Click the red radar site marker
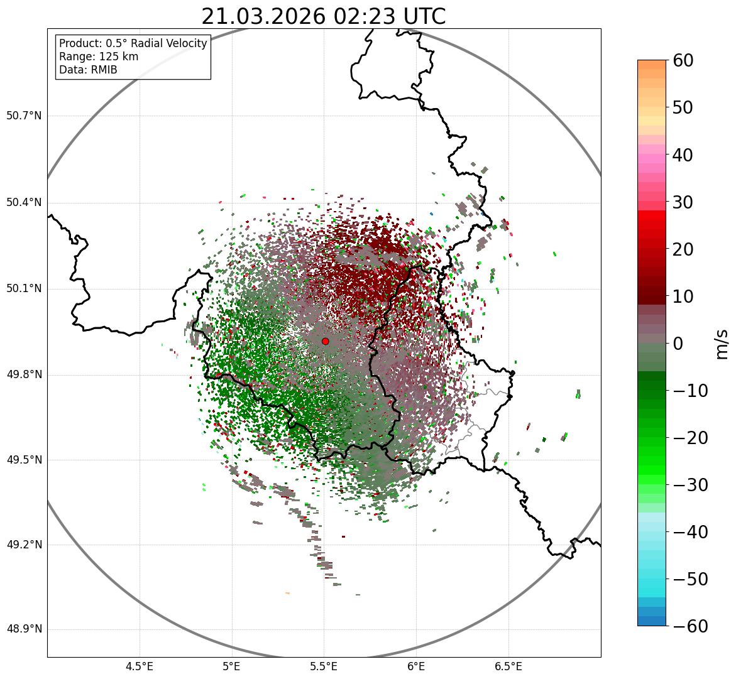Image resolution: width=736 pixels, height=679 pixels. point(325,341)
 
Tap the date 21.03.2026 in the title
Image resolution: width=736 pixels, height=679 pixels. point(263,17)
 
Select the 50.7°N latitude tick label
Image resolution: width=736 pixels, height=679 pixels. point(24,116)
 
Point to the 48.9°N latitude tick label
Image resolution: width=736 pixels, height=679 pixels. point(24,629)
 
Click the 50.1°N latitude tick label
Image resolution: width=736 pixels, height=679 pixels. point(24,289)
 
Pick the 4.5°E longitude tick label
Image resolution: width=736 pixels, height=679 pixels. point(140,666)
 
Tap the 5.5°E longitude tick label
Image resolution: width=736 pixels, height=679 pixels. point(324,666)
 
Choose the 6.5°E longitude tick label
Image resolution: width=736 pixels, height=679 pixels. point(508,666)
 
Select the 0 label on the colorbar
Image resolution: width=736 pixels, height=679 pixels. point(678,344)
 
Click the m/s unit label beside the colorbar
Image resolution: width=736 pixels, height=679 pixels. point(722,343)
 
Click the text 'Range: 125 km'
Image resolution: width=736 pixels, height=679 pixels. point(99,57)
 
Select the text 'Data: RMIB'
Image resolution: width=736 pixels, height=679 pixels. point(88,70)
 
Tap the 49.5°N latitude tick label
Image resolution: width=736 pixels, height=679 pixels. point(24,460)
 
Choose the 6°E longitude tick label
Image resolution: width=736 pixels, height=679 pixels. point(415,666)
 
